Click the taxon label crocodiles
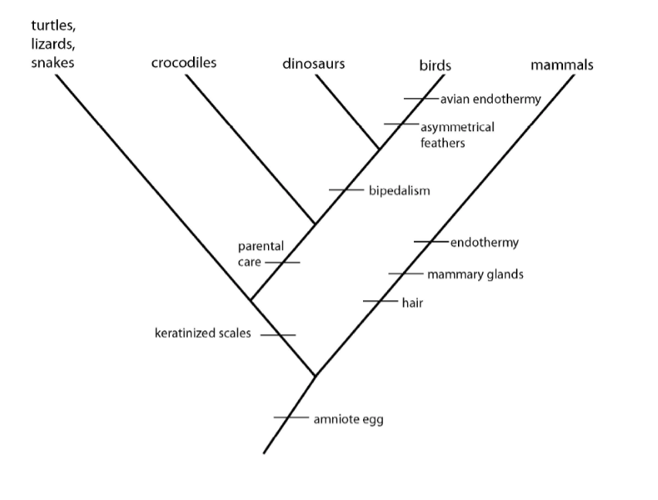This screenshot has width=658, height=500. tap(184, 62)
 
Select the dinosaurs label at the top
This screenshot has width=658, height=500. tap(314, 63)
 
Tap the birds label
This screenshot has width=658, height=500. tap(435, 66)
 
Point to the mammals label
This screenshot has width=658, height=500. tap(562, 65)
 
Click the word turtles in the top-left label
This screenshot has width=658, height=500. tap(53, 25)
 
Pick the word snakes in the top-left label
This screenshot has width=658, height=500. tap(53, 62)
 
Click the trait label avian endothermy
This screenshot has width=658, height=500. tap(490, 99)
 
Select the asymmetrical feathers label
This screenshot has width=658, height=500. tap(456, 135)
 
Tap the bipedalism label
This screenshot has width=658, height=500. tap(399, 190)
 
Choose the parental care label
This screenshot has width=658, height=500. tap(260, 254)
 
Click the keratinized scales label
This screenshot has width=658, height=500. tap(203, 334)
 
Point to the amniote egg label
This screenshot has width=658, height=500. tap(348, 420)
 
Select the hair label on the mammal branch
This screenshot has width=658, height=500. tap(412, 302)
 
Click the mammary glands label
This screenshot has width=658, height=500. tap(475, 274)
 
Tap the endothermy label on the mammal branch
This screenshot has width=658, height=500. tap(484, 242)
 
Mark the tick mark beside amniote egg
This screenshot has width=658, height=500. tap(291, 418)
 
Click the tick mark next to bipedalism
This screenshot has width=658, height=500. tap(345, 190)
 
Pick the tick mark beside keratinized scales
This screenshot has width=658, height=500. tap(277, 335)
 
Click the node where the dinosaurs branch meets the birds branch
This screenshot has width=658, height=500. tap(378, 148)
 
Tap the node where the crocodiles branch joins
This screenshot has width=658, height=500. tap(314, 224)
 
